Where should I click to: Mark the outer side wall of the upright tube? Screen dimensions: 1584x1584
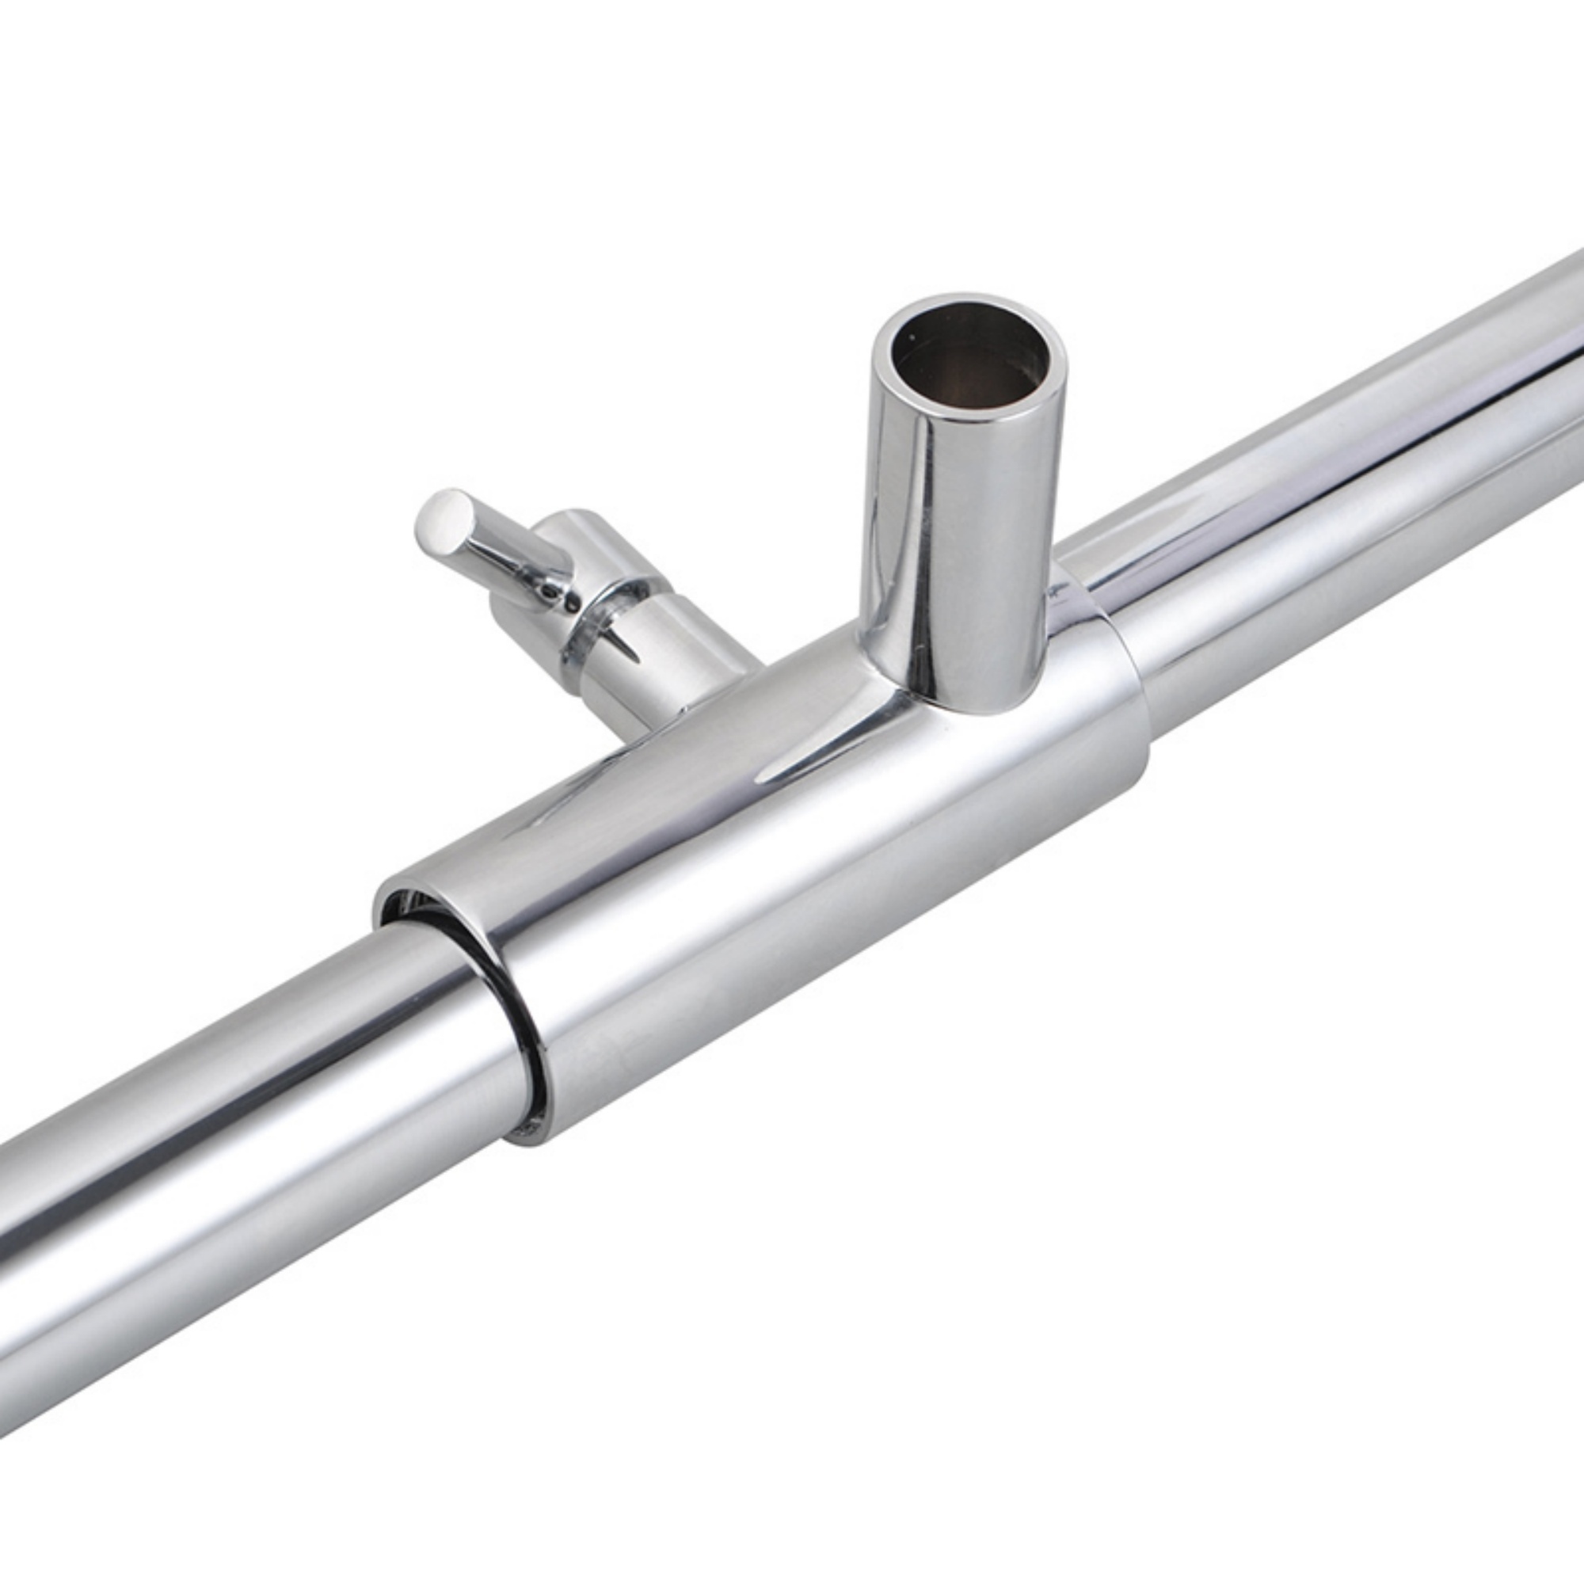click(927, 558)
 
